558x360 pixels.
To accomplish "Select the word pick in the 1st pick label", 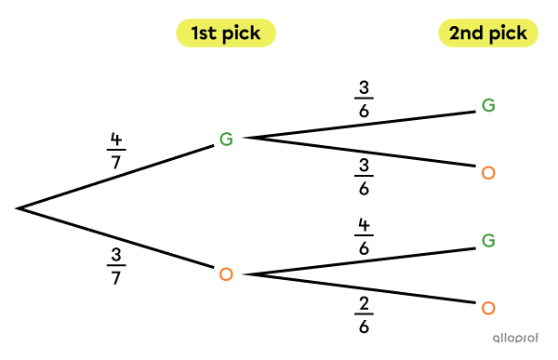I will click(x=241, y=34).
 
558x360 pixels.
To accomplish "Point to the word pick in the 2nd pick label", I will click(x=509, y=34).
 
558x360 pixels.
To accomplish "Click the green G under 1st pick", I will click(x=226, y=140).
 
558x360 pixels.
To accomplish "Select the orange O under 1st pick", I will click(x=226, y=274).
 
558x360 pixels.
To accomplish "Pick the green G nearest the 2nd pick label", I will click(x=488, y=106).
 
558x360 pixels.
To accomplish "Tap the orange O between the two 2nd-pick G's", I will click(x=488, y=173).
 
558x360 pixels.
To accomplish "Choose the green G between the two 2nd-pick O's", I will click(x=488, y=241).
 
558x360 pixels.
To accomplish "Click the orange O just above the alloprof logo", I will click(x=488, y=308).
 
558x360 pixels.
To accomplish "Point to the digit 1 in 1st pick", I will click(x=195, y=34).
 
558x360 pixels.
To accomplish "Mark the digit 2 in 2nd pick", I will click(x=456, y=34).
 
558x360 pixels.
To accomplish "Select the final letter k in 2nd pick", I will click(x=523, y=34).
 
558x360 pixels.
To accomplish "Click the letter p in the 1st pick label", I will click(x=228, y=35).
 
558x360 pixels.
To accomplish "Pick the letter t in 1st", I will click(x=215, y=34).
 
